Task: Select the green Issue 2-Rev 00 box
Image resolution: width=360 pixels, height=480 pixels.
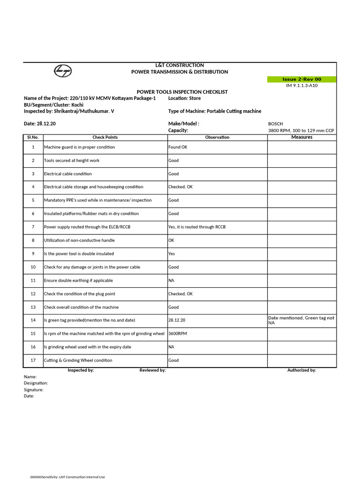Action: [x=301, y=79]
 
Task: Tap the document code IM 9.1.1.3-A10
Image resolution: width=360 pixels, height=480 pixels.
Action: [x=301, y=86]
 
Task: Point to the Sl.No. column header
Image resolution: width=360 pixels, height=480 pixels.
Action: [x=33, y=137]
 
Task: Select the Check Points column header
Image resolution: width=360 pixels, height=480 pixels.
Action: [x=105, y=137]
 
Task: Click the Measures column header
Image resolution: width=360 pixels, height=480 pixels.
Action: [x=301, y=137]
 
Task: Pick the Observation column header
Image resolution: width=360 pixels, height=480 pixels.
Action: [x=217, y=137]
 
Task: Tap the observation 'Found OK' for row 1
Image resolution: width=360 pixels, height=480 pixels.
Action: [x=178, y=147]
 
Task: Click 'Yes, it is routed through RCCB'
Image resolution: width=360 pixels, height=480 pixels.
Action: [x=197, y=227]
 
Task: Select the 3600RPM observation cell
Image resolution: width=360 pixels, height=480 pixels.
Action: [x=179, y=334]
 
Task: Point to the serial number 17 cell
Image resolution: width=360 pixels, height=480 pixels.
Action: [x=33, y=360]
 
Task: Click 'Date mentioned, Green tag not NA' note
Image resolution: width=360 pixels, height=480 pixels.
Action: [x=301, y=321]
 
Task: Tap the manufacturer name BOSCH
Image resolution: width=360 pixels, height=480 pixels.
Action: [x=276, y=124]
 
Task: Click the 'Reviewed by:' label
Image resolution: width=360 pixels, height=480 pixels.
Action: [x=152, y=370]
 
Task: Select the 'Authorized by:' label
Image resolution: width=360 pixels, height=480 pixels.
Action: [x=301, y=370]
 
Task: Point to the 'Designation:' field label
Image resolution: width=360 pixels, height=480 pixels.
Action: [x=36, y=383]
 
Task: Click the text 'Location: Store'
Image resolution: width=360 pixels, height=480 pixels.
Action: [x=184, y=98]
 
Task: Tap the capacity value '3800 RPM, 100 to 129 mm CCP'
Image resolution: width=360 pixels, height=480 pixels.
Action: [x=301, y=130]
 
